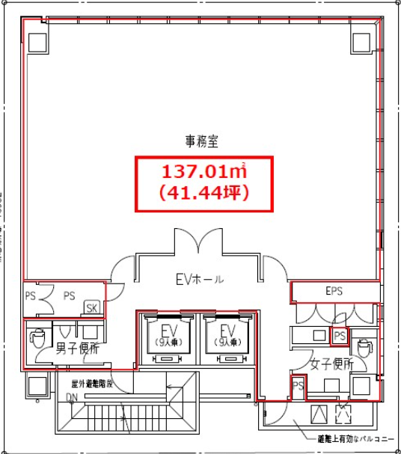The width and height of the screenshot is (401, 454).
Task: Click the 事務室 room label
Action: [x=201, y=140]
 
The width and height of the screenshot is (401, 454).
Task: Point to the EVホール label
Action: [x=200, y=280]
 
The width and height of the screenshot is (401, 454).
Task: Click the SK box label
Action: [x=92, y=308]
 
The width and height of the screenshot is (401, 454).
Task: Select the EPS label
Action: [x=334, y=292]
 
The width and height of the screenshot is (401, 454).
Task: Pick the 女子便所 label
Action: [x=331, y=364]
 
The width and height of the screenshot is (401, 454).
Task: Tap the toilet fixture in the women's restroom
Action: [x=364, y=347]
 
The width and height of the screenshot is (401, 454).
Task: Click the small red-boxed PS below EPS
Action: [x=339, y=335]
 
